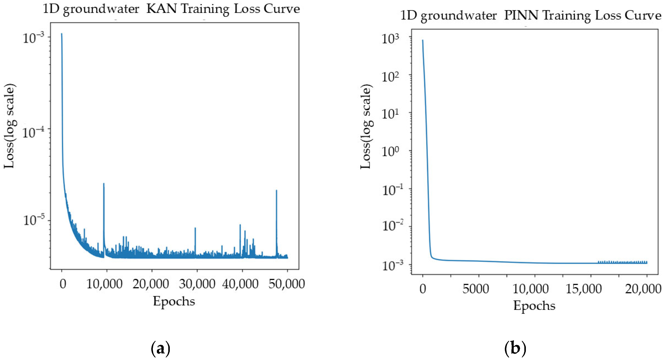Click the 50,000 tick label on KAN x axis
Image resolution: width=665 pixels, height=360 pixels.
click(x=287, y=284)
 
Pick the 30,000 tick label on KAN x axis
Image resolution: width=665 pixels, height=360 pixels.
click(x=197, y=284)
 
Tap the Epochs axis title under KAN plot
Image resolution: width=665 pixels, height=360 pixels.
click(x=174, y=301)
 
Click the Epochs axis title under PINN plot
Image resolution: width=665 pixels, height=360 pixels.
click(x=534, y=306)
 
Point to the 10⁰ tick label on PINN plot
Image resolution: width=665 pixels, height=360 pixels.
click(x=390, y=151)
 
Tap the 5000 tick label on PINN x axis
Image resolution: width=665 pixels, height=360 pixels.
click(x=475, y=289)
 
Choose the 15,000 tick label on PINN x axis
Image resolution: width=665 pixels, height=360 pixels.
click(x=583, y=289)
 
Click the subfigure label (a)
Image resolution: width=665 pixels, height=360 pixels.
click(x=160, y=348)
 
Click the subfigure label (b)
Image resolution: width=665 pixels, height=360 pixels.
click(x=515, y=348)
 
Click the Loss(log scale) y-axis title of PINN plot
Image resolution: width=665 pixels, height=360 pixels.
click(x=366, y=127)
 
